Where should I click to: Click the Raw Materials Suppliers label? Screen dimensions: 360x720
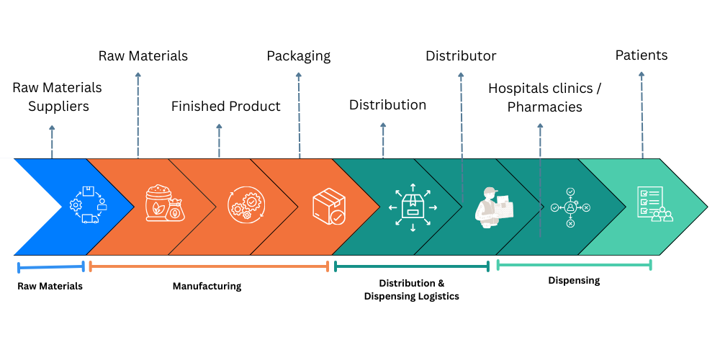point(57,97)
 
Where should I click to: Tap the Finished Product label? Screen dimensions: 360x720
point(225,107)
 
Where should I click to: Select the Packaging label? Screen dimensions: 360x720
point(298,56)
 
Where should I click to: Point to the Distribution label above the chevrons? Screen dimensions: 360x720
point(387,105)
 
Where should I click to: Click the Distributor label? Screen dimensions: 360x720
point(461,56)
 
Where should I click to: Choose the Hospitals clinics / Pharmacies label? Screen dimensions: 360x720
point(544,97)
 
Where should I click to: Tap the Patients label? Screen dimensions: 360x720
point(641,55)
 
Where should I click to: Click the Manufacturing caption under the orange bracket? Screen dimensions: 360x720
point(207,287)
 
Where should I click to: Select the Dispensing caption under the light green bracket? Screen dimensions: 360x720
point(574,281)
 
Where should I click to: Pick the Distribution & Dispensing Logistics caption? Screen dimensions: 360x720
point(411,290)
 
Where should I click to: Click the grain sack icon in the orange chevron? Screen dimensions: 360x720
point(164,205)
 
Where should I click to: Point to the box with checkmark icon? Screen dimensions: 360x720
point(328,206)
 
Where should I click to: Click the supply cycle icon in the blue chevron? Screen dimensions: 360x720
point(88,205)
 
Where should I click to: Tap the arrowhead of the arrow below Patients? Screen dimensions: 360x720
point(642,74)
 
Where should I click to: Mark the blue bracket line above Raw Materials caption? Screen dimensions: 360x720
point(51,267)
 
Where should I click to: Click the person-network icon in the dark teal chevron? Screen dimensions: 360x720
point(570,207)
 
